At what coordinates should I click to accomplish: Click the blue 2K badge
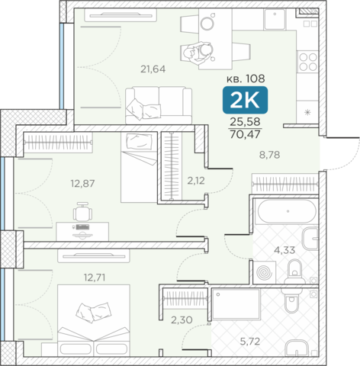[x=245, y=100]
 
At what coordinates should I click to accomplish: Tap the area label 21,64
[x=153, y=69]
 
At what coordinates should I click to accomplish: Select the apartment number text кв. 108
[x=246, y=79]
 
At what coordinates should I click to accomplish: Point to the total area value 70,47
[x=245, y=134]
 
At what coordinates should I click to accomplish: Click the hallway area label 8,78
[x=269, y=155]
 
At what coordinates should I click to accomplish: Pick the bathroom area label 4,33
[x=284, y=250]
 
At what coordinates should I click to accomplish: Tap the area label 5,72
[x=250, y=342]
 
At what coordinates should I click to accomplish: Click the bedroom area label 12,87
[x=82, y=183]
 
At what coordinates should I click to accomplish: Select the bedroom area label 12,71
[x=95, y=278]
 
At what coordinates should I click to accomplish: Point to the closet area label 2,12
[x=196, y=181]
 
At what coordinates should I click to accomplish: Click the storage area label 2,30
[x=182, y=320]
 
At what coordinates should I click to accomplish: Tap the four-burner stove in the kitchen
[x=308, y=62]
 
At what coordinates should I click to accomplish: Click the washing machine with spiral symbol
[x=265, y=272]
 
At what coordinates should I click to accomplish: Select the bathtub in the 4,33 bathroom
[x=287, y=211]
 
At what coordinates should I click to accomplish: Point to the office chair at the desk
[x=82, y=211]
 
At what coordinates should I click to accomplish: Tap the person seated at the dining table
[x=198, y=53]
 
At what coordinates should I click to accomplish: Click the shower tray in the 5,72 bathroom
[x=236, y=304]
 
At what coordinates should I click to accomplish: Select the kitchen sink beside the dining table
[x=275, y=19]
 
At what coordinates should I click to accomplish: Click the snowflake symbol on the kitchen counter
[x=307, y=112]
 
